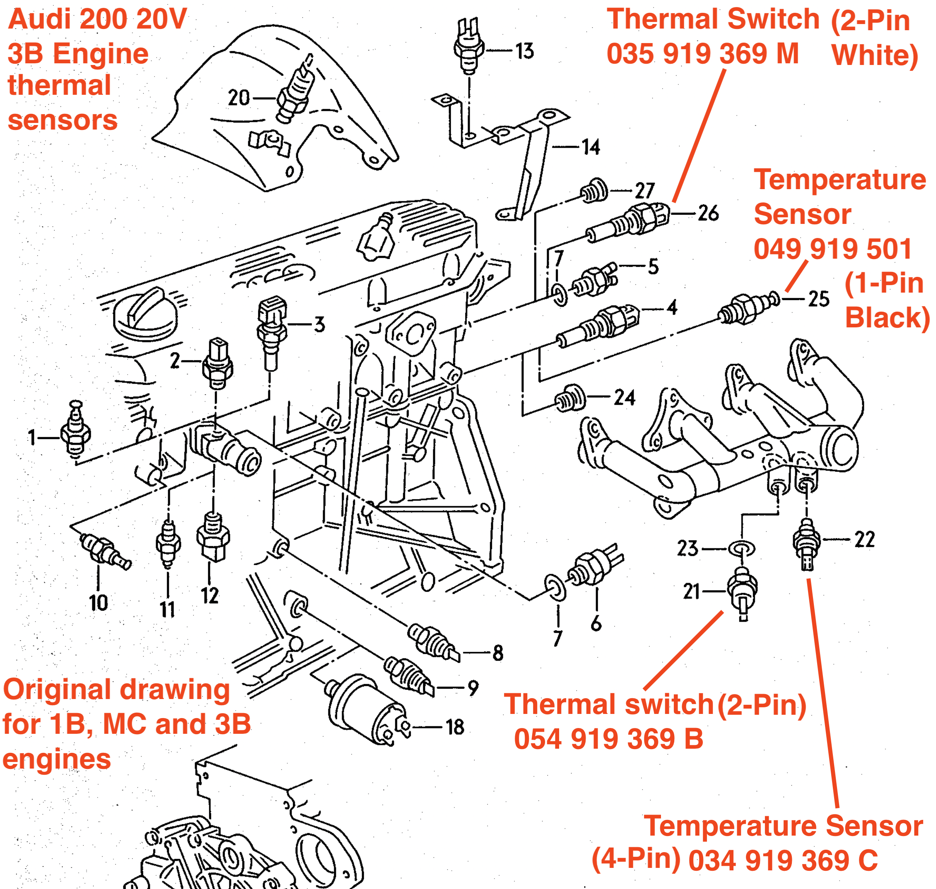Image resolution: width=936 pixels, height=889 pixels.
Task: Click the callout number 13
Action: (524, 51)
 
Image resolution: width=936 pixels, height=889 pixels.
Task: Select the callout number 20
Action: (239, 98)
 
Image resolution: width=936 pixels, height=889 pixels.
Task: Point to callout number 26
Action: (708, 213)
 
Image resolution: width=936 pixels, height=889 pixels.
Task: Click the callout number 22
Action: (864, 539)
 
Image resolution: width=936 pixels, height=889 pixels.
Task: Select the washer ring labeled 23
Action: (741, 549)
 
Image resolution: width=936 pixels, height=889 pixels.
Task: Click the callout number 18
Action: (455, 727)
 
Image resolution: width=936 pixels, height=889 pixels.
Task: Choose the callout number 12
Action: (210, 596)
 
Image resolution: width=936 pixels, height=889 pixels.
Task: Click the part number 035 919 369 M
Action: (702, 53)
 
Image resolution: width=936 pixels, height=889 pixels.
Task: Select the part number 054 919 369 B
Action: (608, 739)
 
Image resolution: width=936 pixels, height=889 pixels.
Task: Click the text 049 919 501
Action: (832, 249)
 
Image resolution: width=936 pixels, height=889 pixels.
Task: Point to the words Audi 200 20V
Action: (97, 19)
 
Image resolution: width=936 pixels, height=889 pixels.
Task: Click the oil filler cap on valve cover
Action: (145, 315)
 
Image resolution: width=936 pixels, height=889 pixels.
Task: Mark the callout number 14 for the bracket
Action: (591, 147)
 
